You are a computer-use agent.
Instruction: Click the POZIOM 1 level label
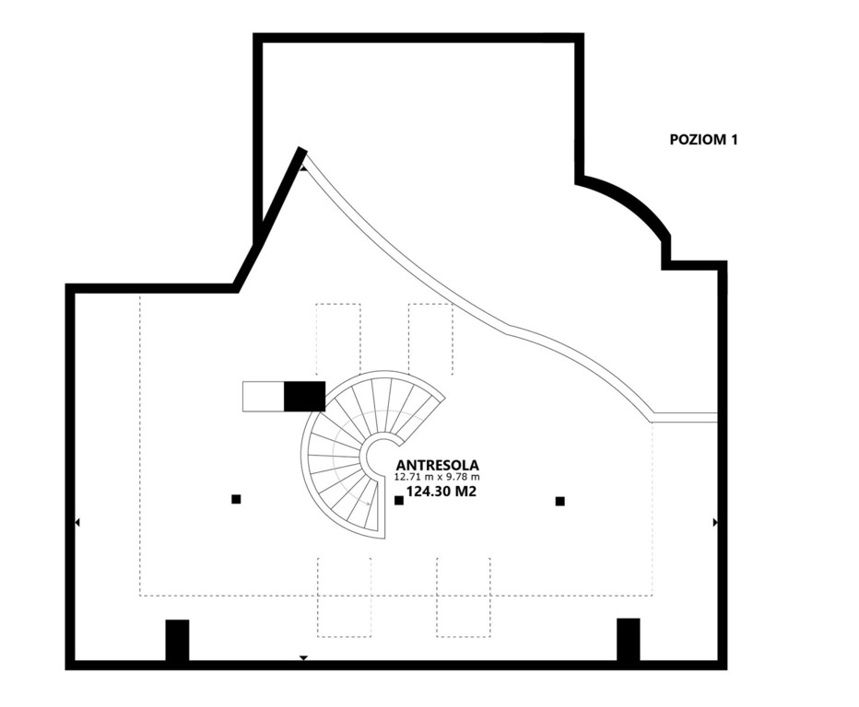point(703,140)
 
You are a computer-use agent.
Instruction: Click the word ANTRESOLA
point(437,465)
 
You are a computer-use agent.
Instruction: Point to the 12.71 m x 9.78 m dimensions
point(437,477)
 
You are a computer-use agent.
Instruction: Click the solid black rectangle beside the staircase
point(304,396)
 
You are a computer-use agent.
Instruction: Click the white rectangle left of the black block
point(264,396)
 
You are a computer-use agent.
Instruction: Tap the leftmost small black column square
point(236,499)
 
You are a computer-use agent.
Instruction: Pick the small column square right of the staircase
point(399,500)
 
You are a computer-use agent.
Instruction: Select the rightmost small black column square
point(559,501)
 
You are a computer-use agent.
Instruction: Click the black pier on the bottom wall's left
point(178,640)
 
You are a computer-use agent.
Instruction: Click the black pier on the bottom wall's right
point(629,640)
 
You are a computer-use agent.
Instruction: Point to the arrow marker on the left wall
point(77,523)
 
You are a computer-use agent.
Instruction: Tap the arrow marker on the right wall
point(715,523)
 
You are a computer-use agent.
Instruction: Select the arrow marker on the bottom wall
point(303,658)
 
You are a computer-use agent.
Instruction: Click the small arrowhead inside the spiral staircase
point(369,504)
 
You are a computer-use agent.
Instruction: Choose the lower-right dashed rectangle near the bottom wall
point(464,597)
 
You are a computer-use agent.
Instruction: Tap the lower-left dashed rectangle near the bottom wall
point(344,597)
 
